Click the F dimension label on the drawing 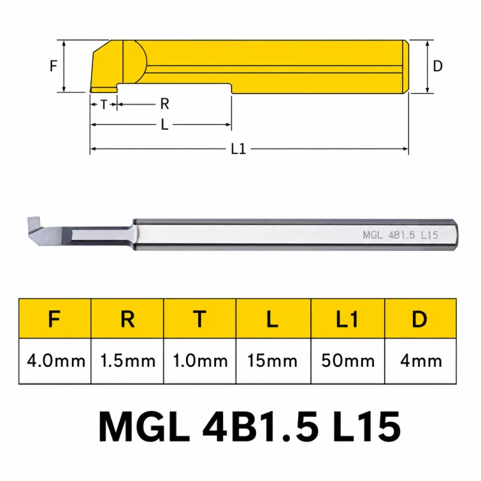(53, 66)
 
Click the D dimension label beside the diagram (438, 66)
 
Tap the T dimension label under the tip (104, 105)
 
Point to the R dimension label (165, 105)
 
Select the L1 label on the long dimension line (239, 149)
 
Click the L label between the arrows (164, 125)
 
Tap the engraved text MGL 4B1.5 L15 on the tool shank (400, 235)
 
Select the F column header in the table (55, 319)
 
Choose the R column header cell (128, 319)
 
